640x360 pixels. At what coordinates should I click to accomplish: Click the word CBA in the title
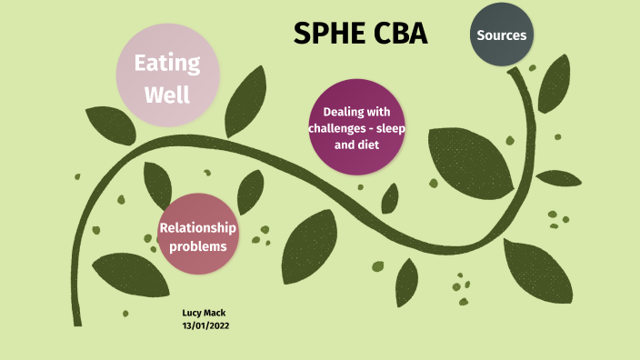tap(397, 34)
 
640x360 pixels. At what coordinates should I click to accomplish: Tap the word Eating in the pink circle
tap(167, 64)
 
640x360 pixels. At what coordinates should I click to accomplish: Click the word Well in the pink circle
tap(167, 93)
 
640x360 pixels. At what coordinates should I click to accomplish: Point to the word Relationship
tap(197, 227)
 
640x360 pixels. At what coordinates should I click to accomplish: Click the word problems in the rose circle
tap(196, 245)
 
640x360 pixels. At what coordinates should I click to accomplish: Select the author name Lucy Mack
tap(204, 313)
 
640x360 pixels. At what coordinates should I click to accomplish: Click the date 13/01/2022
tap(205, 325)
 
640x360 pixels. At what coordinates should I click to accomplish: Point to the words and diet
tap(356, 145)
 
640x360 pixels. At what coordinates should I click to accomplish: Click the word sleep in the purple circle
tap(387, 128)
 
